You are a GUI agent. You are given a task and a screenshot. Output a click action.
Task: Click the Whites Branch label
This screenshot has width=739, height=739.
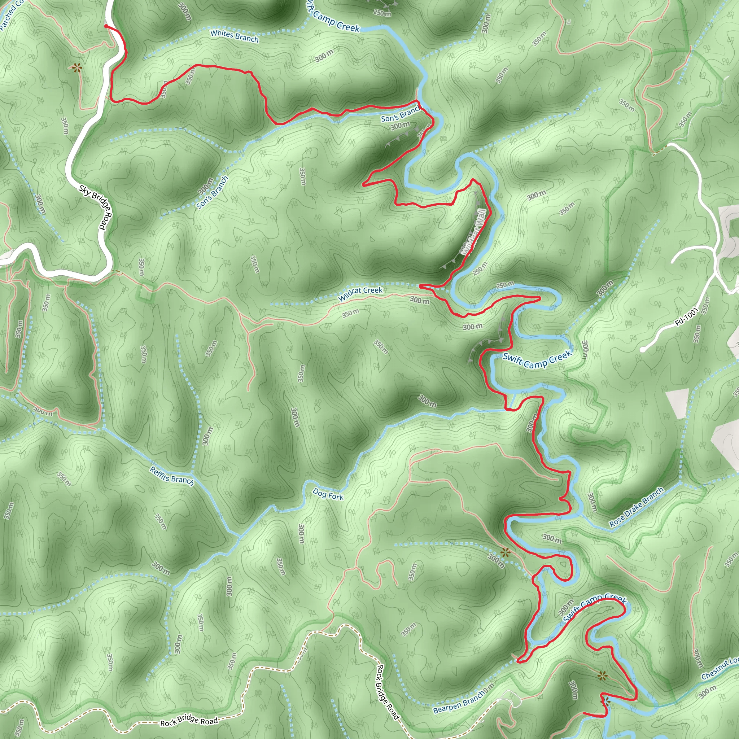235,36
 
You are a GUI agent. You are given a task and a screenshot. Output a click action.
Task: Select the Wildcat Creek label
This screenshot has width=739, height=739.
360,294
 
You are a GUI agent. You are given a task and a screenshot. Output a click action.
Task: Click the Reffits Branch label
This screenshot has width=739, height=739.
172,476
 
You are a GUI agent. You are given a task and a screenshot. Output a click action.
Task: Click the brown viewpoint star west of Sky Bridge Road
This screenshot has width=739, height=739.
77,68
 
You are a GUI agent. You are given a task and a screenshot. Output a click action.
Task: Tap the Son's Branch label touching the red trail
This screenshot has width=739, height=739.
400,114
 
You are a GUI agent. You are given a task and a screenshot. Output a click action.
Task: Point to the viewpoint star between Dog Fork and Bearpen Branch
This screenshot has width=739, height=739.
505,552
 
